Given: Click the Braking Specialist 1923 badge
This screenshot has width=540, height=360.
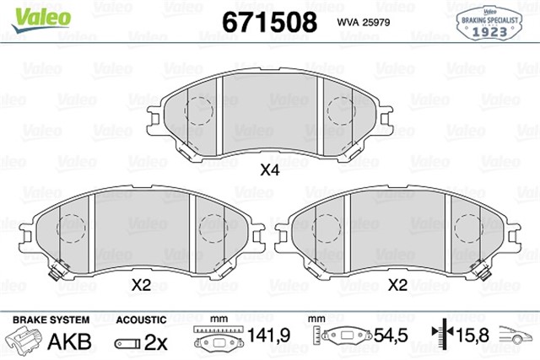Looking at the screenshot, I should pyautogui.click(x=491, y=22).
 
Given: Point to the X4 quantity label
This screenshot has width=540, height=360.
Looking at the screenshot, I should pyautogui.click(x=269, y=169).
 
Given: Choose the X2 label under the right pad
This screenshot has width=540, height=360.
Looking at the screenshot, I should pyautogui.click(x=397, y=286).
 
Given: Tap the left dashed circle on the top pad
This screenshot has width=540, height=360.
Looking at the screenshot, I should pyautogui.click(x=199, y=110).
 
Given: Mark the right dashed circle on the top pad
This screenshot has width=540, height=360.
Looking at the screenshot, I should pyautogui.click(x=341, y=110).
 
